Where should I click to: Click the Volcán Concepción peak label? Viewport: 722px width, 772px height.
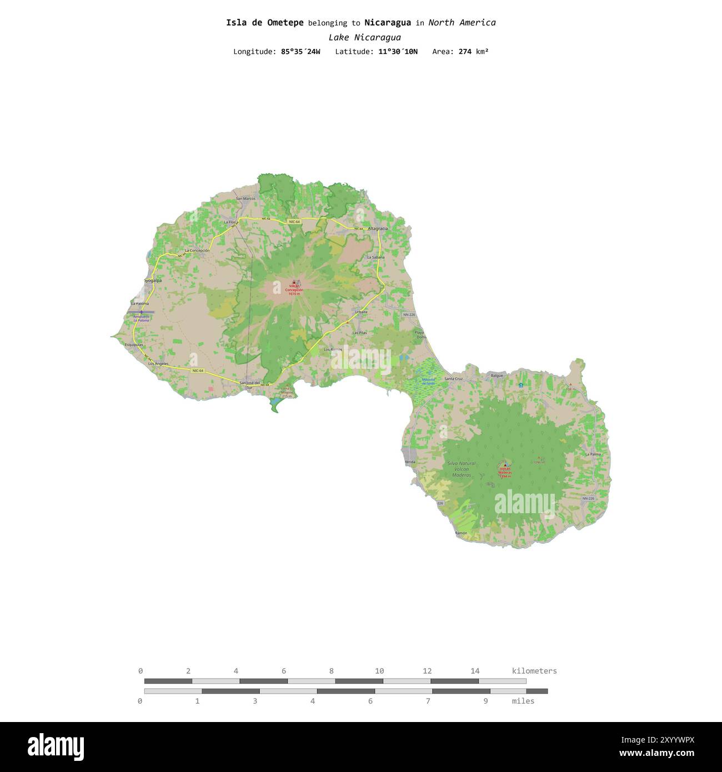tap(294, 290)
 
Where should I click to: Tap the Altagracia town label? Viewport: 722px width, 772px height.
tap(378, 228)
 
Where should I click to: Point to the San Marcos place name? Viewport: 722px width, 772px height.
tap(245, 198)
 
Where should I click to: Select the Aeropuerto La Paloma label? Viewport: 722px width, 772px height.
tap(141, 318)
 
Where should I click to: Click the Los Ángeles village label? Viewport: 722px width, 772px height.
tap(158, 363)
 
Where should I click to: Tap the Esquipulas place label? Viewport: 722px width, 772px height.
tap(134, 344)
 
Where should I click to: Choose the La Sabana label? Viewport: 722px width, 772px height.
tap(376, 257)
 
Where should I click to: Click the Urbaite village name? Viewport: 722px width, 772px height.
tap(361, 312)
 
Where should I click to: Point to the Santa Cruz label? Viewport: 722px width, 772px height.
tap(453, 379)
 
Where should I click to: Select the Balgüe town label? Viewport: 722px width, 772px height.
tap(497, 375)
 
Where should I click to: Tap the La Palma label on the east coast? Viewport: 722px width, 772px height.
tap(593, 454)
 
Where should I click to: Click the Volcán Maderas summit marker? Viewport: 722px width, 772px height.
tap(504, 465)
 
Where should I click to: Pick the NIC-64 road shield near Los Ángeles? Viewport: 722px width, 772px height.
tap(198, 370)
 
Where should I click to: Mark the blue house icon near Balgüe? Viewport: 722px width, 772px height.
tap(520, 385)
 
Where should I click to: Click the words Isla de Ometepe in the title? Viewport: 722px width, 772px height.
tap(264, 23)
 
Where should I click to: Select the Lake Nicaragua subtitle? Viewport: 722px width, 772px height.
tap(364, 38)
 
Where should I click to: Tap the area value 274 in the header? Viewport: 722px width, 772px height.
tap(465, 52)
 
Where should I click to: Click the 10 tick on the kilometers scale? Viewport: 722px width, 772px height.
tap(379, 671)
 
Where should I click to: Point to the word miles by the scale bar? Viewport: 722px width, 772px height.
tap(523, 701)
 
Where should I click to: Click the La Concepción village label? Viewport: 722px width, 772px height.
tap(197, 250)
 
